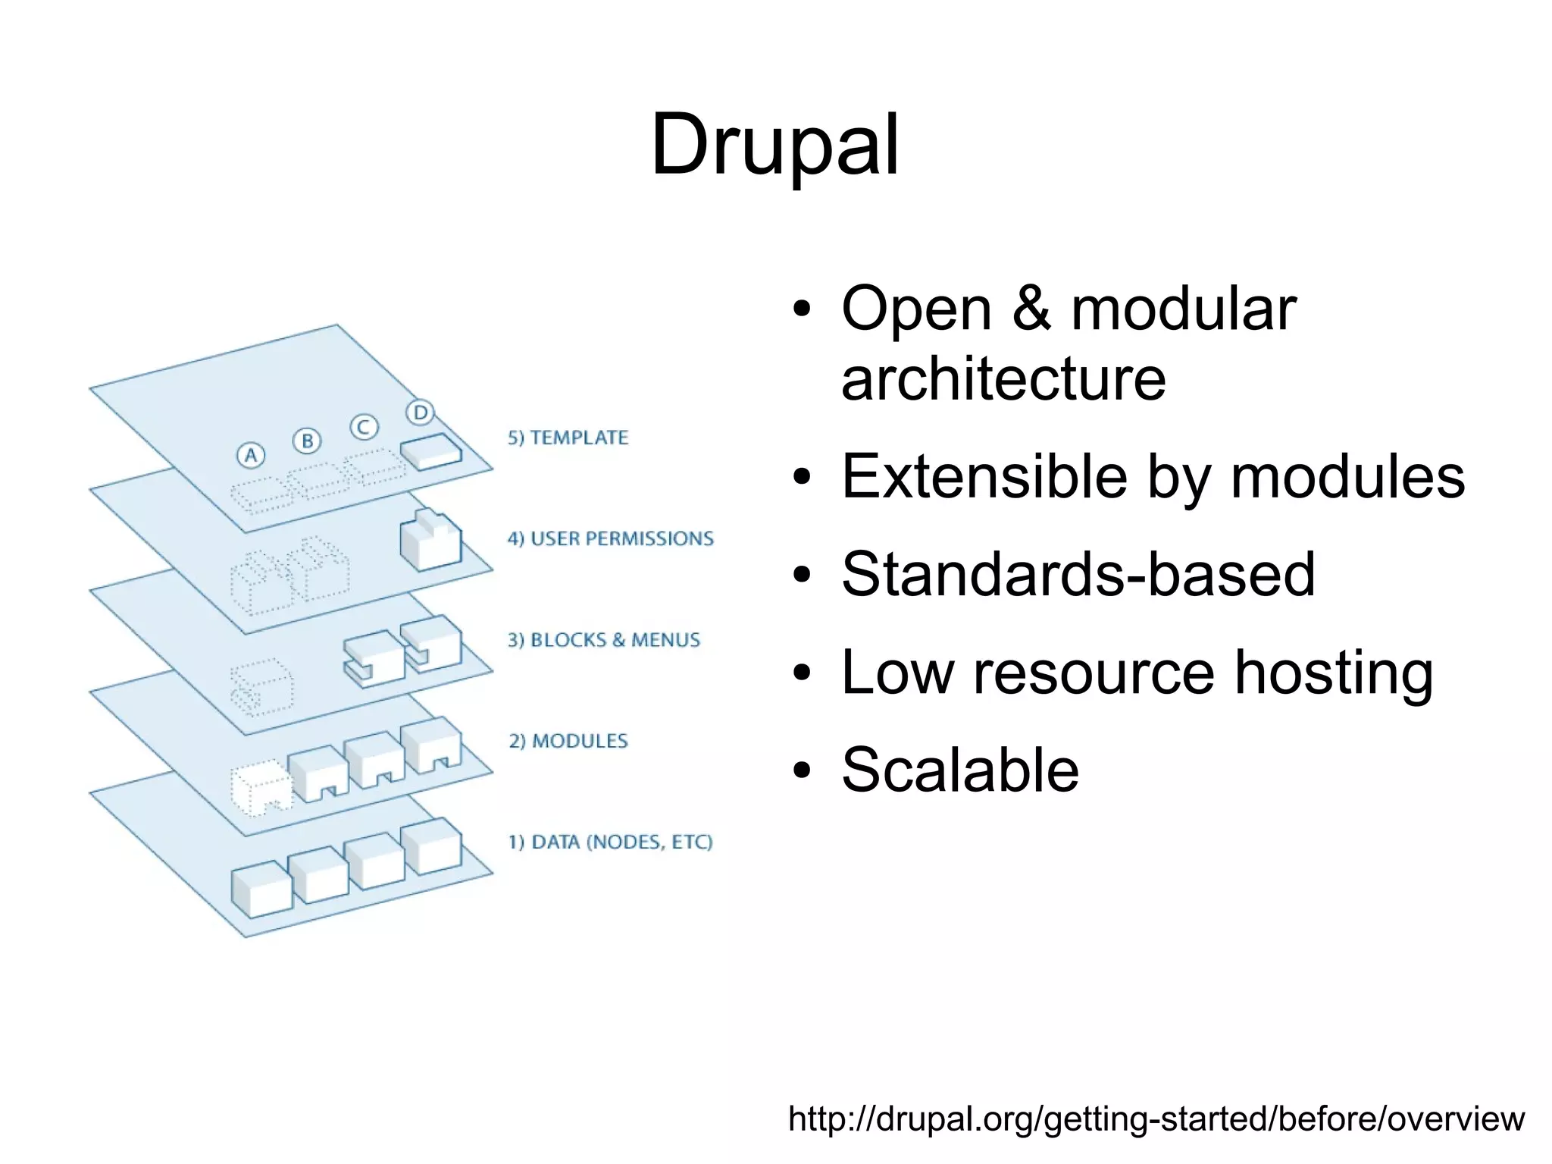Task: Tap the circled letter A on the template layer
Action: pos(251,456)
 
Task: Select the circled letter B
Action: pos(307,441)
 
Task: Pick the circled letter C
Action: pos(364,427)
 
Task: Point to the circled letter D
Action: pos(420,413)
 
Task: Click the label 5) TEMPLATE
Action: pos(568,438)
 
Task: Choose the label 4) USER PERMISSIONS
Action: pos(610,538)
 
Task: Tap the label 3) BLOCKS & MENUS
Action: pos(603,640)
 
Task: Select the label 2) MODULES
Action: pos(568,741)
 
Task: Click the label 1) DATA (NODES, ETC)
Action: pos(610,842)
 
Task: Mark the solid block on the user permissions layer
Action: pos(430,540)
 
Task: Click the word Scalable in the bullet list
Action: pos(959,770)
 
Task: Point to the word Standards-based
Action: pos(1078,574)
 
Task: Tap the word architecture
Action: pos(1003,378)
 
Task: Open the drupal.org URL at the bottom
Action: pos(1156,1119)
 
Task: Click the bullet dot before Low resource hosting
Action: pos(802,673)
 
